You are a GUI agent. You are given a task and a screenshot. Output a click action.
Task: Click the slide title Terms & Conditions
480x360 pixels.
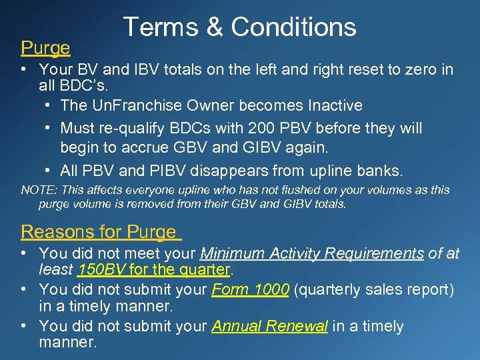click(x=240, y=27)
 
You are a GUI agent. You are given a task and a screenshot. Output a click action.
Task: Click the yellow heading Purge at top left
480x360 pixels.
click(x=45, y=48)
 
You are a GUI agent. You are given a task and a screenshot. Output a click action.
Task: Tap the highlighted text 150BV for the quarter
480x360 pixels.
click(x=154, y=270)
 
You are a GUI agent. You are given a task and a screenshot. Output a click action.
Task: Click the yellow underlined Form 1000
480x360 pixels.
click(x=250, y=290)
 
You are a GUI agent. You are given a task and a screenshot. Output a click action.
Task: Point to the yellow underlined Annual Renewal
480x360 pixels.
click(x=269, y=326)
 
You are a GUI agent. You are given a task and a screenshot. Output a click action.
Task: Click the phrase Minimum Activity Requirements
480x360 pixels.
click(x=312, y=253)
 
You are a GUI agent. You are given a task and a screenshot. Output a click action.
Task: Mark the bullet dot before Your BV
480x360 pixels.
click(x=23, y=69)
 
